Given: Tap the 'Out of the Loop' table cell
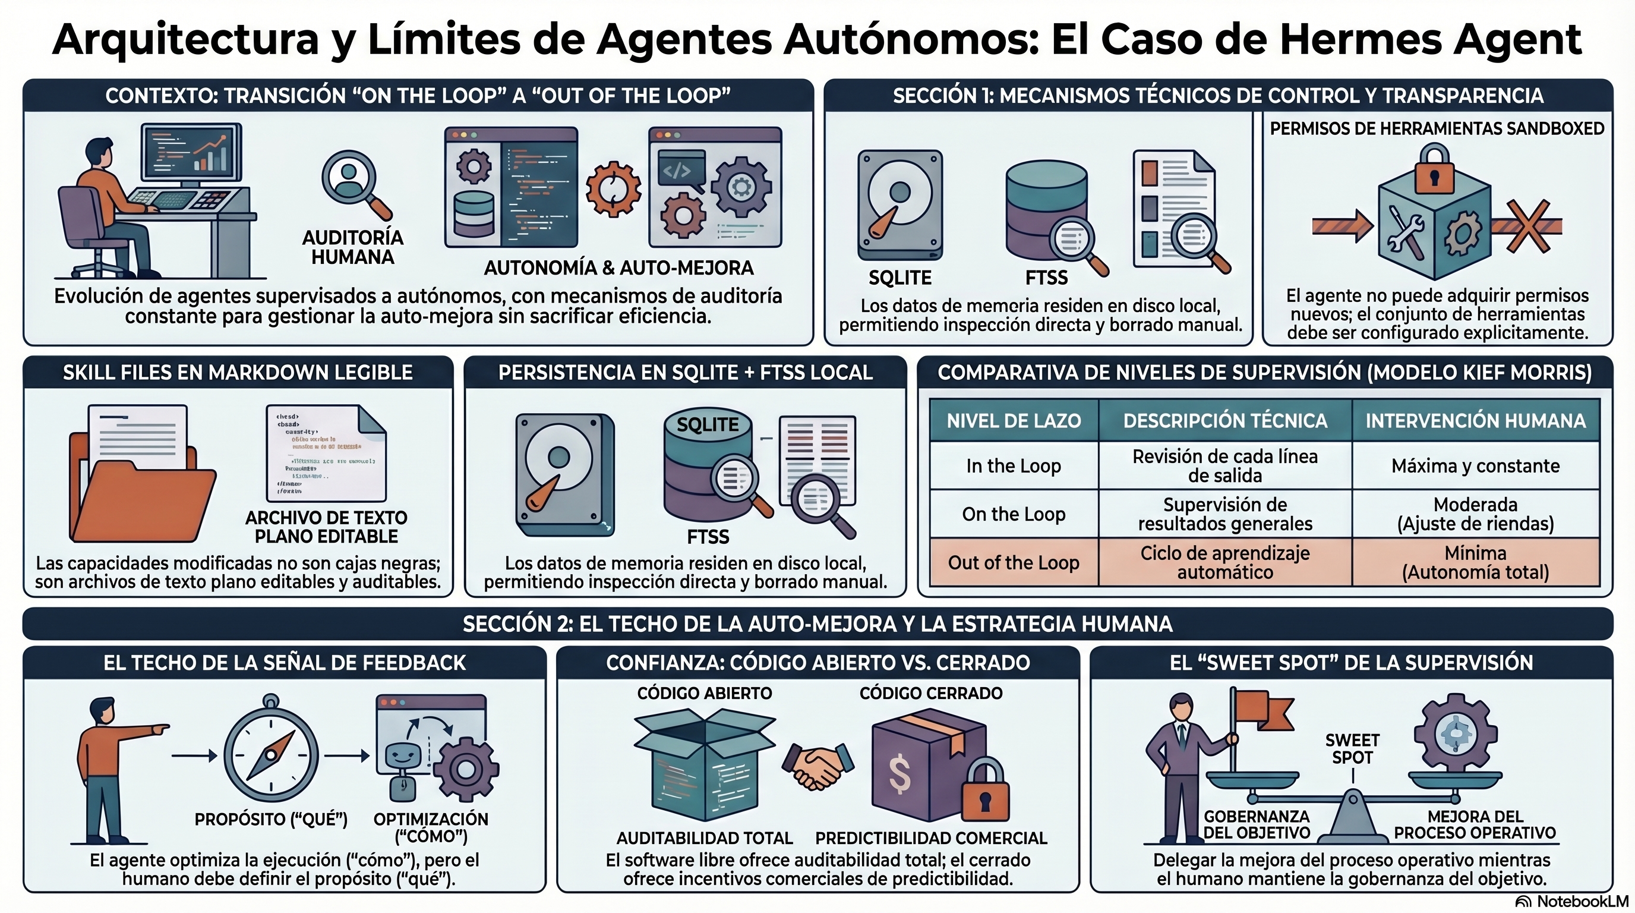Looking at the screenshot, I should (x=1014, y=562).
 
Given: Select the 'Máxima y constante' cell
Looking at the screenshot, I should (x=1475, y=466).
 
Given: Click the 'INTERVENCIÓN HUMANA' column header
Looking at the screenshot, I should (x=1475, y=421).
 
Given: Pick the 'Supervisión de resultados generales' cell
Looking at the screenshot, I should (x=1225, y=514).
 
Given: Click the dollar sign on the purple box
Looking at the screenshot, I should (x=900, y=775).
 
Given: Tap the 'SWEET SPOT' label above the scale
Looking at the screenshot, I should (x=1352, y=749).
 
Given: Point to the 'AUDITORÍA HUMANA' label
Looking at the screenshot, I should (x=352, y=247).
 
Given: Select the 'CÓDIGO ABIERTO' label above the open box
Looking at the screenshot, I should (x=705, y=693).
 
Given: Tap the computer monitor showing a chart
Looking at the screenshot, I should (x=191, y=152).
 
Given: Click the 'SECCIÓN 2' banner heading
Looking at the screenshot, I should (x=817, y=624).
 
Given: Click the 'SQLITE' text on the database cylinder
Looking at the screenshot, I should (x=707, y=425).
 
